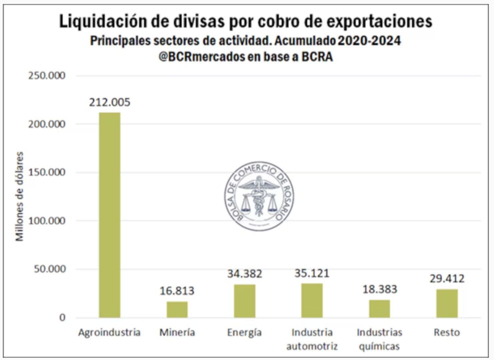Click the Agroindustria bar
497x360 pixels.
tap(109, 215)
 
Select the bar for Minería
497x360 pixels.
tap(177, 309)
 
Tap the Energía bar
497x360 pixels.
tap(244, 301)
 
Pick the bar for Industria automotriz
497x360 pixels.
tap(312, 300)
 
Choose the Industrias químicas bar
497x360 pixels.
tap(379, 309)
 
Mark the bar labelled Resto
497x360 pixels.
tap(447, 303)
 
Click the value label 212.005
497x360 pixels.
tap(109, 102)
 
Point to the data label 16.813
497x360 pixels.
tap(177, 291)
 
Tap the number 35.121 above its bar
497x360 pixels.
tap(312, 273)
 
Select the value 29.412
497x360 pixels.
tap(447, 278)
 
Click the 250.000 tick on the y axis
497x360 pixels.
tap(47, 76)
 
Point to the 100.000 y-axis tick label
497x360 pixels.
tap(47, 221)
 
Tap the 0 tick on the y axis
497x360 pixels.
tap(62, 317)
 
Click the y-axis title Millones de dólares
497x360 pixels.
tap(20, 197)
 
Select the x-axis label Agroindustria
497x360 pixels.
tap(109, 332)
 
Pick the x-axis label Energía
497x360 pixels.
tap(244, 333)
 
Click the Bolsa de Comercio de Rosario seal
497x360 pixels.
tap(259, 196)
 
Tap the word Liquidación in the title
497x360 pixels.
tap(103, 21)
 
